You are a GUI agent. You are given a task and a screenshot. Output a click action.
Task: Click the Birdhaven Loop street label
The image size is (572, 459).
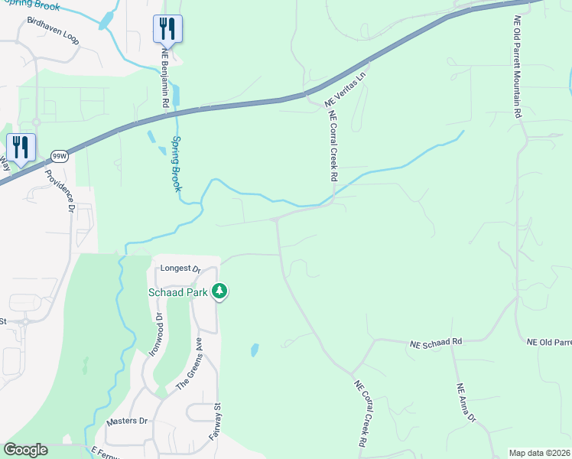[53, 35]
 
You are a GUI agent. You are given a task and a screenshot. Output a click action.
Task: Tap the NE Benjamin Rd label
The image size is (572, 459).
[164, 77]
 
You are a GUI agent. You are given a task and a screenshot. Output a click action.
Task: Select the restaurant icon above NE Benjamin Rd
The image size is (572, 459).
[167, 29]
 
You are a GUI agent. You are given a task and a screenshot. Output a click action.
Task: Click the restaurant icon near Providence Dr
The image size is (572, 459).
[19, 147]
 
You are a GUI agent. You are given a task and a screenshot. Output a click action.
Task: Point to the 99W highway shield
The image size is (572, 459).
[58, 156]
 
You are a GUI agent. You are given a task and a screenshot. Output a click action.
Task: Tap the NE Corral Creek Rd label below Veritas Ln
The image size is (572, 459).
[333, 146]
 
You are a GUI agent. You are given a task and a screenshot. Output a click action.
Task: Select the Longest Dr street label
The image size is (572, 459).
[180, 269]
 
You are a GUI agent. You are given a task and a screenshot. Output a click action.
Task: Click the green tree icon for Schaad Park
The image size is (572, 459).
[220, 291]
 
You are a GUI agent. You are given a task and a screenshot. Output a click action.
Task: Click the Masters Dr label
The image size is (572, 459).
[127, 421]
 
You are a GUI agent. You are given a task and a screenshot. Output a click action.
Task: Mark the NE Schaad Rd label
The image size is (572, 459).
[437, 341]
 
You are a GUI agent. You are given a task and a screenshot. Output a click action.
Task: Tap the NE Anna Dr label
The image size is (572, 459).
[466, 402]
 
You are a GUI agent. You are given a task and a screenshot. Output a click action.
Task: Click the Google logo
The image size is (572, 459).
[25, 450]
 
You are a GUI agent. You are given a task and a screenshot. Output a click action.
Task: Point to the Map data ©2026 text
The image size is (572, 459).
[539, 453]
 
